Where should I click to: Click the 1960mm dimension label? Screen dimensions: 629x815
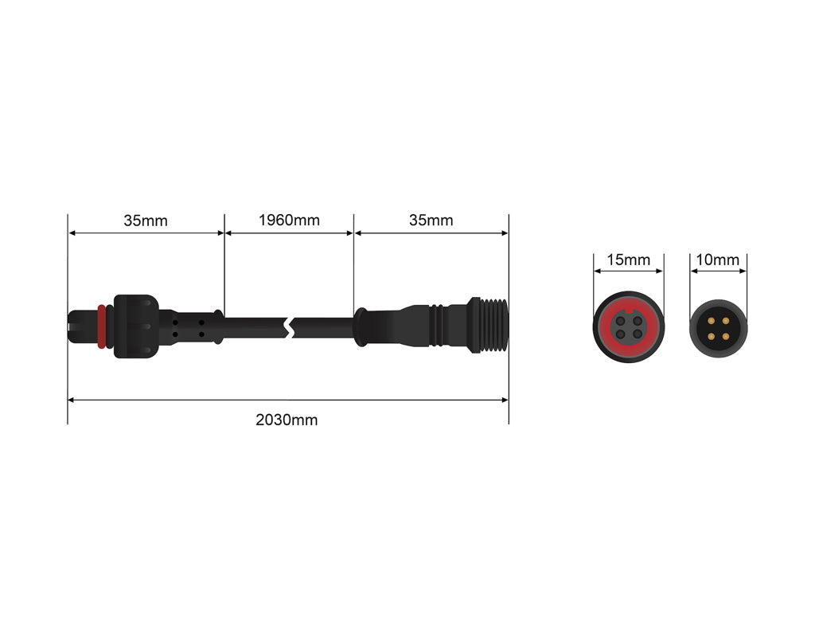pos(289,220)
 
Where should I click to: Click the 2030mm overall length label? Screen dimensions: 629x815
pos(287,420)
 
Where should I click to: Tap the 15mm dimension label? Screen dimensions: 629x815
pos(629,260)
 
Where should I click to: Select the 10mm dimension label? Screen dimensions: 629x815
pos(717,260)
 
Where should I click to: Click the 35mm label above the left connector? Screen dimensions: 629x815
pos(146,221)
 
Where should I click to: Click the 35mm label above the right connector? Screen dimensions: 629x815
pos(431,220)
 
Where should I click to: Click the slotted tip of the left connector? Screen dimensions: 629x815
pos(80,326)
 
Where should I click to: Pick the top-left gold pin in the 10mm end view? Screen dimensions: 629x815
pos(711,319)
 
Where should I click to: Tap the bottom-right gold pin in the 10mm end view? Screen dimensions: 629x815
pos(725,334)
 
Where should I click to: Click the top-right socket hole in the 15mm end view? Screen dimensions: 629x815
pos(637,321)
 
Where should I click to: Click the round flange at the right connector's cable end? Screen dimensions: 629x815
pos(360,326)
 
